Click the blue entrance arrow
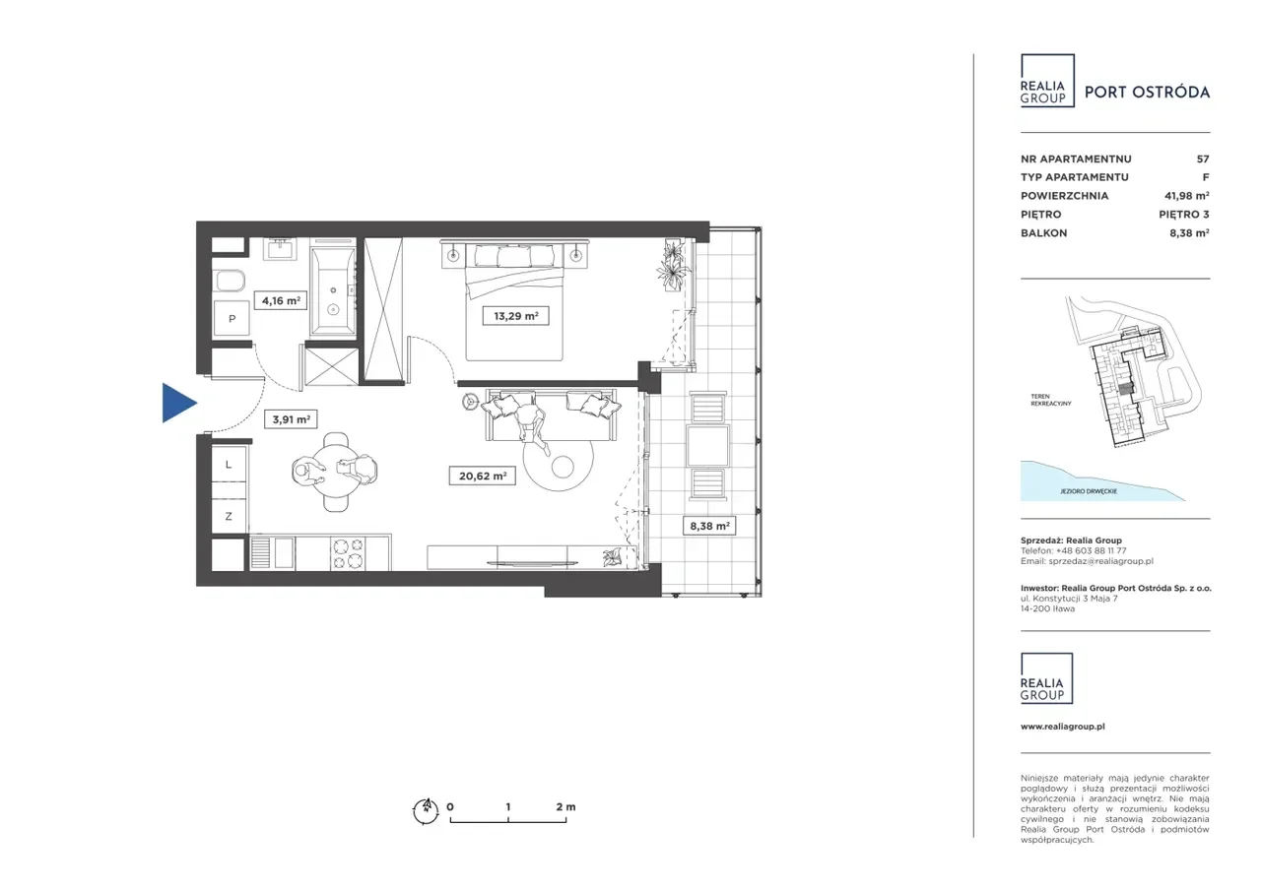coord(179,403)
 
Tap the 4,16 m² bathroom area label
coord(281,301)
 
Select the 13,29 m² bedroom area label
coord(515,316)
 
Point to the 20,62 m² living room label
coord(483,476)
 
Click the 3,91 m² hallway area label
coord(291,419)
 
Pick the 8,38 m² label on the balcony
coord(709,526)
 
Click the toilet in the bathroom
coord(229,282)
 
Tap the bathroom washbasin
coord(280,249)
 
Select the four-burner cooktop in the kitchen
coord(348,553)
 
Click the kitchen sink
coord(272,552)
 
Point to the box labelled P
coord(232,319)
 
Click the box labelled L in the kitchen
coord(229,465)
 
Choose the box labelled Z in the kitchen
coord(229,516)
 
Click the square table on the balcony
coord(708,445)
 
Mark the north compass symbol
coord(426,810)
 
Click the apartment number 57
coord(1203,159)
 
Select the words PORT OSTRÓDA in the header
coord(1148,92)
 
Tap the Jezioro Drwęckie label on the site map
coord(1089,491)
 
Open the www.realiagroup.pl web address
coord(1063,727)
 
